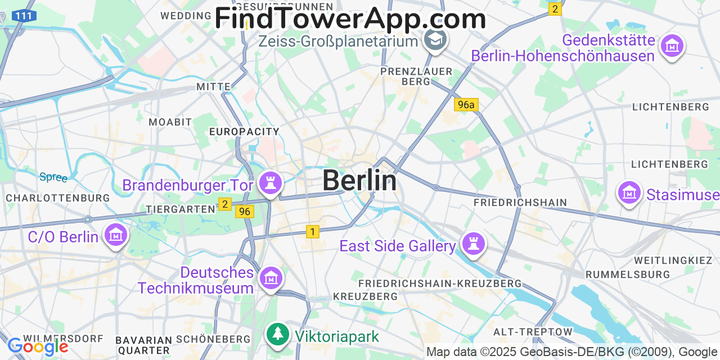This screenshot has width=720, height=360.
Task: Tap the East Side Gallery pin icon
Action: [474, 244]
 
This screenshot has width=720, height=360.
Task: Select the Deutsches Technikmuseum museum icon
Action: [271, 277]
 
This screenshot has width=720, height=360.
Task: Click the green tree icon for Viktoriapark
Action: [277, 334]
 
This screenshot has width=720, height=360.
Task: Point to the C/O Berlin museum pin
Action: [116, 234]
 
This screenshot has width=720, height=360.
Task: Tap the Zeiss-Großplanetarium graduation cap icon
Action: [435, 39]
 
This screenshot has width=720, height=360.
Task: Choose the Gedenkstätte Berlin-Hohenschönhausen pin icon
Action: [672, 46]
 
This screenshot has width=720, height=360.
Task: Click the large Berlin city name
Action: [359, 181]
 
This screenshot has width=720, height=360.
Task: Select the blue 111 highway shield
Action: [24, 16]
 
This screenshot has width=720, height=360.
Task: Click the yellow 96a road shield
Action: [466, 105]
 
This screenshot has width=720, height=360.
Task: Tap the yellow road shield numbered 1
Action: [313, 231]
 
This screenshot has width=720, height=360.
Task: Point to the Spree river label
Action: [53, 177]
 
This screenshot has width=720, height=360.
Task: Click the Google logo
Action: [37, 346]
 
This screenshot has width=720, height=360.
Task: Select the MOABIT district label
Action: [170, 122]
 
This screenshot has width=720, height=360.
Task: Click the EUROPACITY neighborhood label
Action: [244, 132]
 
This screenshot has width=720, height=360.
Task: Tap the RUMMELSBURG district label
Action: [628, 274]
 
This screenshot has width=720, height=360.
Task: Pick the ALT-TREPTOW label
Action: [533, 332]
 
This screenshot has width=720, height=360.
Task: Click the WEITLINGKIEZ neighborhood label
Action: [673, 260]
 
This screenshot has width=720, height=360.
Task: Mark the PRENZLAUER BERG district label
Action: [416, 76]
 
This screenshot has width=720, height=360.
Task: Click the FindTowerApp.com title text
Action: [350, 19]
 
